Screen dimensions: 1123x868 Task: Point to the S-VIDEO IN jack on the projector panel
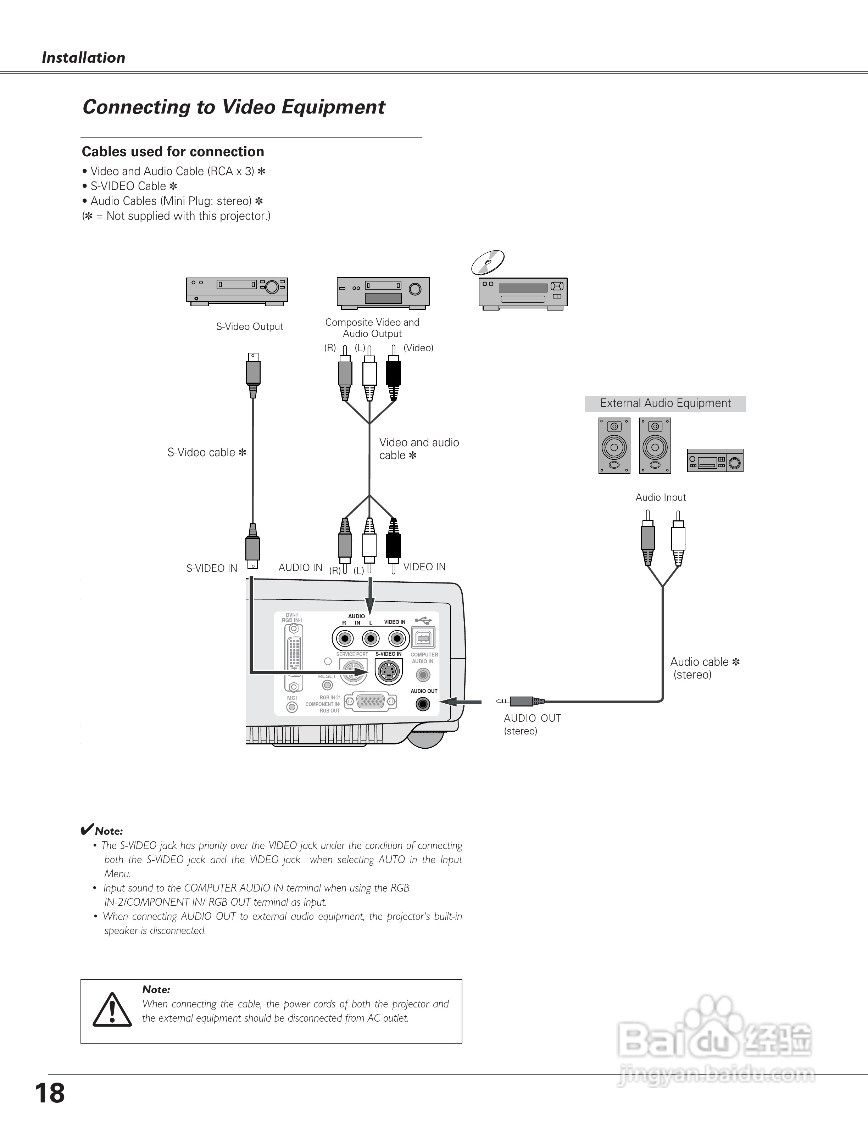[x=389, y=671]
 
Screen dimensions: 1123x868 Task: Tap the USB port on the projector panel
[x=423, y=638]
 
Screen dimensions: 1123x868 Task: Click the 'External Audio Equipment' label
[x=666, y=403]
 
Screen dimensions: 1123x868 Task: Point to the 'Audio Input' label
[x=661, y=497]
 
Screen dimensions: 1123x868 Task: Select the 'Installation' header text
[x=83, y=57]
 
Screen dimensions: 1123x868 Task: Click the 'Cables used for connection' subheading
[x=173, y=152]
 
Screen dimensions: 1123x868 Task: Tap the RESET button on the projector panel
[x=327, y=685]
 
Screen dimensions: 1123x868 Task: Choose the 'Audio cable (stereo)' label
[x=705, y=668]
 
